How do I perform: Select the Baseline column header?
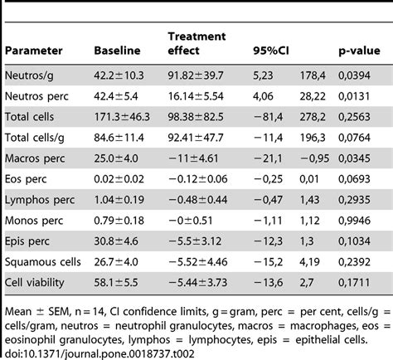point(119,51)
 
